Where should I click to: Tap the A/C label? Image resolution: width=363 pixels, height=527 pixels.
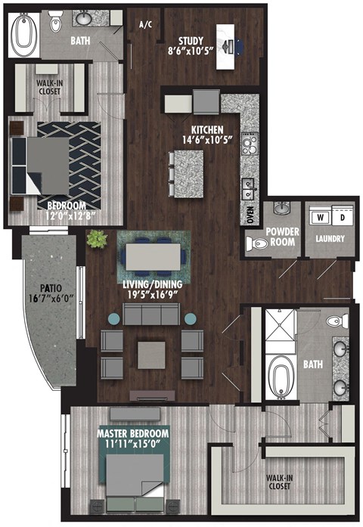(x=146, y=24)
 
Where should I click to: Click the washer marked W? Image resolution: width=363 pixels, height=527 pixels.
(x=319, y=217)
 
